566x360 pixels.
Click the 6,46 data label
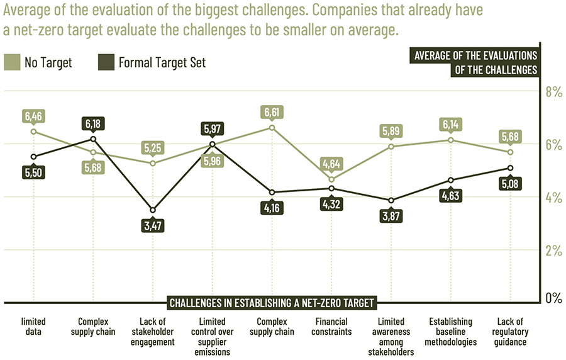coord(33,116)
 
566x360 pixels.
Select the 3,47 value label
coord(152,225)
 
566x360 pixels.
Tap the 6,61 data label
coord(272,112)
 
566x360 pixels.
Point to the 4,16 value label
coord(272,207)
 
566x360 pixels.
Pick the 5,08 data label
coord(510,184)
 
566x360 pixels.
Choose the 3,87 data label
coord(391,216)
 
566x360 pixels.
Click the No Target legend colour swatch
coord(13,62)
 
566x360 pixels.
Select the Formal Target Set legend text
coord(162,62)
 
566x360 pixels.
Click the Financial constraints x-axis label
coord(331,327)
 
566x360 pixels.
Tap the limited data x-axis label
coord(33,327)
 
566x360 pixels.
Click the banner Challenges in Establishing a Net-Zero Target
coord(272,303)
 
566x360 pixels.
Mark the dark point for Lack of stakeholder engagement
coord(152,210)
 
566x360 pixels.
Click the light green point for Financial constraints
coord(331,180)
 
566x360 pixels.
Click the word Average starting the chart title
coord(28,11)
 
